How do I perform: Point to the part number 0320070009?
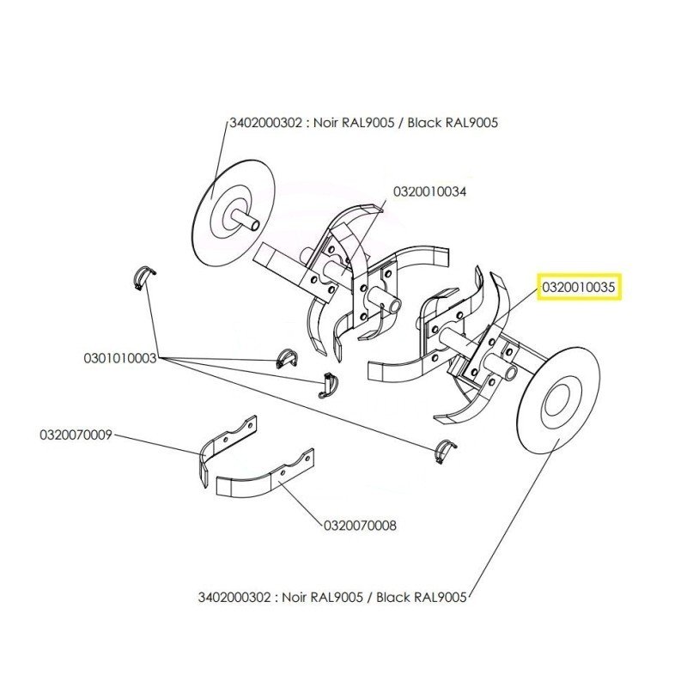click(76, 435)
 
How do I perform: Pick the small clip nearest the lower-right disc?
click(442, 448)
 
